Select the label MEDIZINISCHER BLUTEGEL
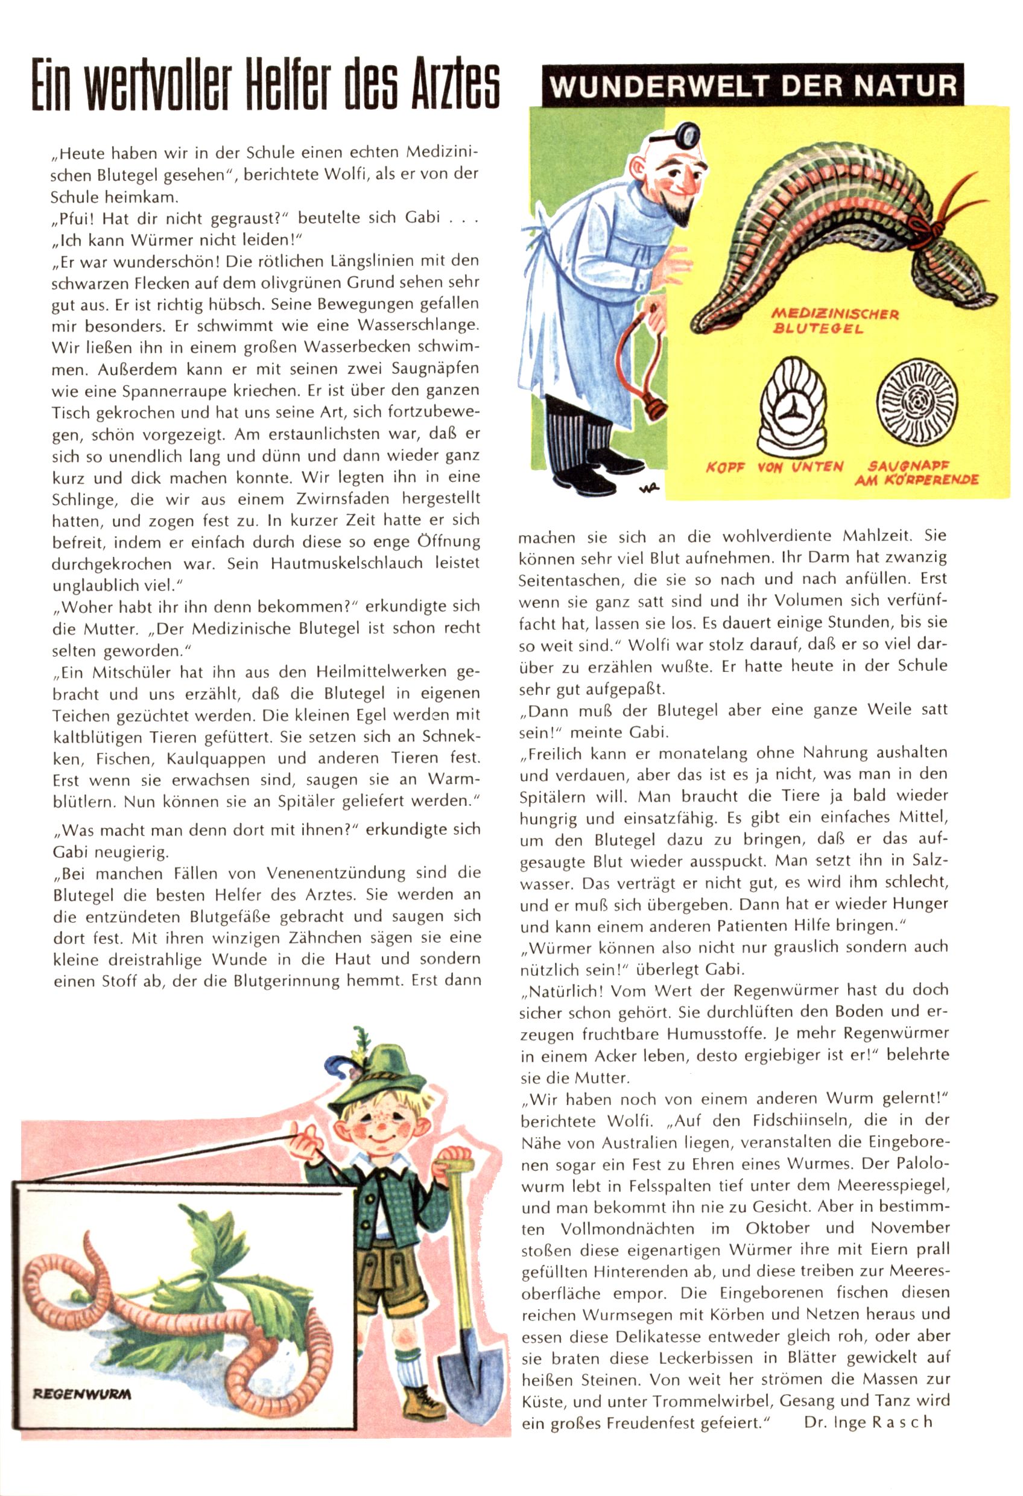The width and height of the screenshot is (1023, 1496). point(834,321)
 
